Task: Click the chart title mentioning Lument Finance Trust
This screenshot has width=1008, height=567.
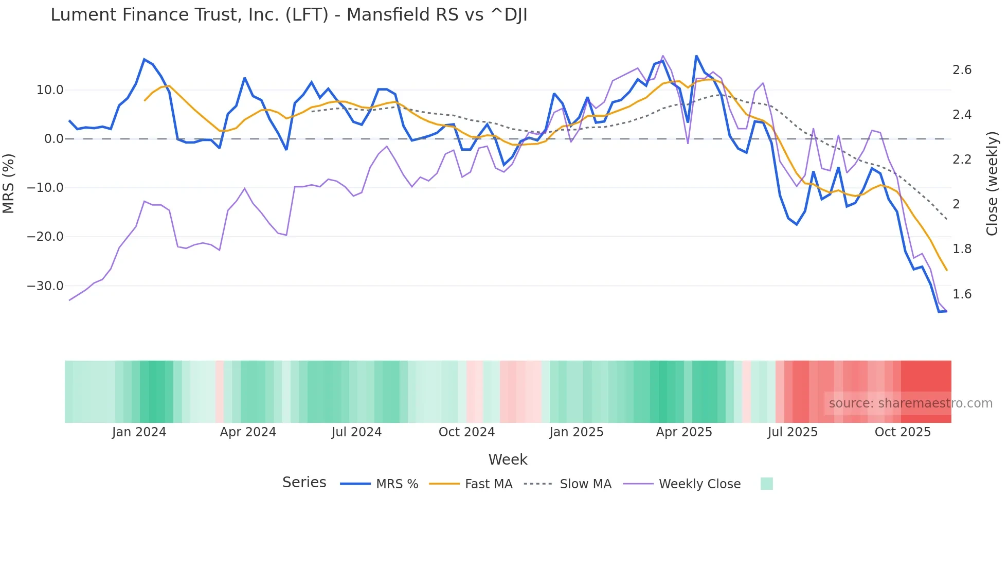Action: coord(289,15)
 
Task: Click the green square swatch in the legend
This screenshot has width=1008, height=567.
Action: coord(766,484)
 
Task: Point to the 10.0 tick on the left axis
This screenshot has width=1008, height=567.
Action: coord(50,90)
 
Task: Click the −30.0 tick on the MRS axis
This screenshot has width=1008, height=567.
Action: coord(45,286)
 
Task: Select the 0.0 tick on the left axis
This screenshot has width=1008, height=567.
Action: coord(53,139)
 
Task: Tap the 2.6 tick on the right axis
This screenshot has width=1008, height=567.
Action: coord(962,70)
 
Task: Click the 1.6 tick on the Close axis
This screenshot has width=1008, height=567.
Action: coord(962,294)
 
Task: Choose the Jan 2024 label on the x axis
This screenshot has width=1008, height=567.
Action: coord(139,432)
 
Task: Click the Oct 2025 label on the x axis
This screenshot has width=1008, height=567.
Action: coord(903,432)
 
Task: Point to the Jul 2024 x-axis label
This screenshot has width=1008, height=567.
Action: coord(356,432)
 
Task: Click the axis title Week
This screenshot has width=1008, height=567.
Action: coord(508,459)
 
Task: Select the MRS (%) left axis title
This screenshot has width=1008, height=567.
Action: coord(9,183)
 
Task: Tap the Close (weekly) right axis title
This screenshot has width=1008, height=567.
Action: coord(992,183)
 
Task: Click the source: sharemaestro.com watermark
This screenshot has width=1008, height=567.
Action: coord(910,403)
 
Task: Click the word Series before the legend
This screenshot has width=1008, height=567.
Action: coord(304,483)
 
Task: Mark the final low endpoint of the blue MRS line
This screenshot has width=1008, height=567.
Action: coord(946,311)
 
